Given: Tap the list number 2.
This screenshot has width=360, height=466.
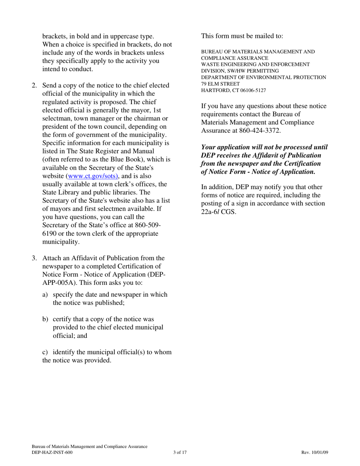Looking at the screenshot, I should (x=34, y=86).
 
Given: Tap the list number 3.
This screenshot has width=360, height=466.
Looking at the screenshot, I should (x=34, y=258).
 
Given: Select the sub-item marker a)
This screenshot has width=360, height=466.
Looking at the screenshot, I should (x=45, y=295).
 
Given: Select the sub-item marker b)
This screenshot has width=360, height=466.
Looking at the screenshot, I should (x=45, y=319).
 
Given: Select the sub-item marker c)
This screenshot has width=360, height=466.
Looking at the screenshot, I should (x=45, y=352).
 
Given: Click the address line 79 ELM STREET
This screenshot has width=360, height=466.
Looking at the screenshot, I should (x=220, y=84).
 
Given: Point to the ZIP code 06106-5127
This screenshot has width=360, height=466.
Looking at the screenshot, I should (x=252, y=91).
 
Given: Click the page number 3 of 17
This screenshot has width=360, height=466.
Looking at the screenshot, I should (x=180, y=452).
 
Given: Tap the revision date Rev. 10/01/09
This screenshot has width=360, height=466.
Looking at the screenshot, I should (x=315, y=452).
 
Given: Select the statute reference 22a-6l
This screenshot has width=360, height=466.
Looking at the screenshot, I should (x=210, y=212).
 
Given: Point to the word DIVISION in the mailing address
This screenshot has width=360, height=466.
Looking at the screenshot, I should (x=213, y=71).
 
